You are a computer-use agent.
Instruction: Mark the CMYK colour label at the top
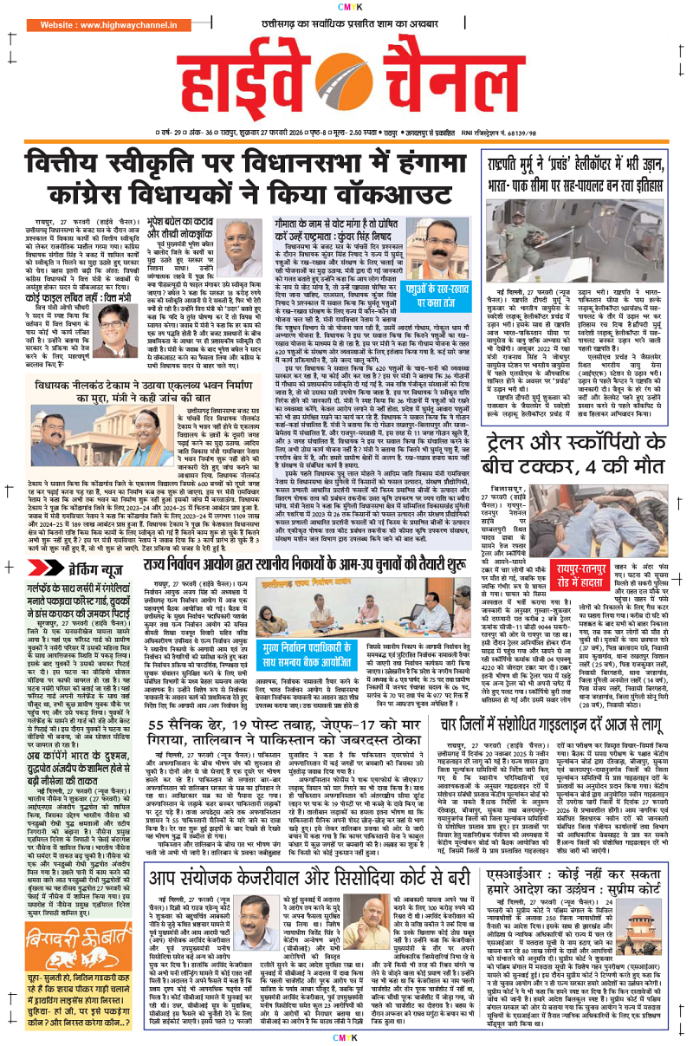point(346,9)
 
